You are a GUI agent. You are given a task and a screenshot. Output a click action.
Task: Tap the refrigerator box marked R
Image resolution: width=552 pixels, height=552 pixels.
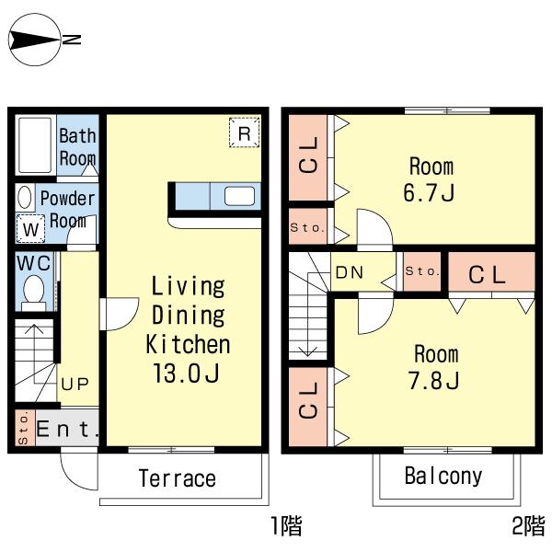(245, 132)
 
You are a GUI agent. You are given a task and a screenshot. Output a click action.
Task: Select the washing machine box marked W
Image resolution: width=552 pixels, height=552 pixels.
(30, 229)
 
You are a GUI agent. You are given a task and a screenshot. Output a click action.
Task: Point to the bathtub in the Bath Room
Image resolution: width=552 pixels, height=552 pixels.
(35, 145)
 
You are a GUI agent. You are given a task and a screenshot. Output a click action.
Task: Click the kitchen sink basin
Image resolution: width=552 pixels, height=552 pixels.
(239, 196)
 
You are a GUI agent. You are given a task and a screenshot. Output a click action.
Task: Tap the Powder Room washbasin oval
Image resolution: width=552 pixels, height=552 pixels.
(25, 197)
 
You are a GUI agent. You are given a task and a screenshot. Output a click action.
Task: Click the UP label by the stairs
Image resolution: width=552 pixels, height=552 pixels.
(75, 384)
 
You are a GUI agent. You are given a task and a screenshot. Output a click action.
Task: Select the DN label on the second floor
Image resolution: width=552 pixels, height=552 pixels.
(350, 272)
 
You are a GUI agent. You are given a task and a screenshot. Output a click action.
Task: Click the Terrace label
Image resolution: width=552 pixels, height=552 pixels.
(177, 478)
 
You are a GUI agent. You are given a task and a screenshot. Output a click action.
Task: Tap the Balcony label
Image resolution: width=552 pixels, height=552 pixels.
(443, 477)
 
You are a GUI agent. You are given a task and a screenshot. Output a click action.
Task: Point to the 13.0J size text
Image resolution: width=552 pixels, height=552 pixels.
(187, 374)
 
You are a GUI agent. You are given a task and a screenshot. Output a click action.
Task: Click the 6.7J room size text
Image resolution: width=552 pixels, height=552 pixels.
(429, 192)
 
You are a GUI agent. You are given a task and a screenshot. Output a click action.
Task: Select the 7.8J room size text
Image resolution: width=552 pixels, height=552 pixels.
(433, 380)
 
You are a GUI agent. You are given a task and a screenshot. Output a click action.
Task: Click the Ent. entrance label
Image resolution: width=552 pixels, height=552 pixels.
(67, 429)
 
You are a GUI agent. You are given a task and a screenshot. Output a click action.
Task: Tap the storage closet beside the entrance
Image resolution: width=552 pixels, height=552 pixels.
(25, 428)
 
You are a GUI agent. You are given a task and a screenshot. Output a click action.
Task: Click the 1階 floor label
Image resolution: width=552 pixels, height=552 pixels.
(286, 525)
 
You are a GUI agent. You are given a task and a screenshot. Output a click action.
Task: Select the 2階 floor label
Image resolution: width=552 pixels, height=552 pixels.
(528, 525)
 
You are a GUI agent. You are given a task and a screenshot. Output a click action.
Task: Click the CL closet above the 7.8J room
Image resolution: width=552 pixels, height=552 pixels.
(491, 271)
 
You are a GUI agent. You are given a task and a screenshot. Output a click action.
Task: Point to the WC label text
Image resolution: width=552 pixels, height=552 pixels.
(34, 263)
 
